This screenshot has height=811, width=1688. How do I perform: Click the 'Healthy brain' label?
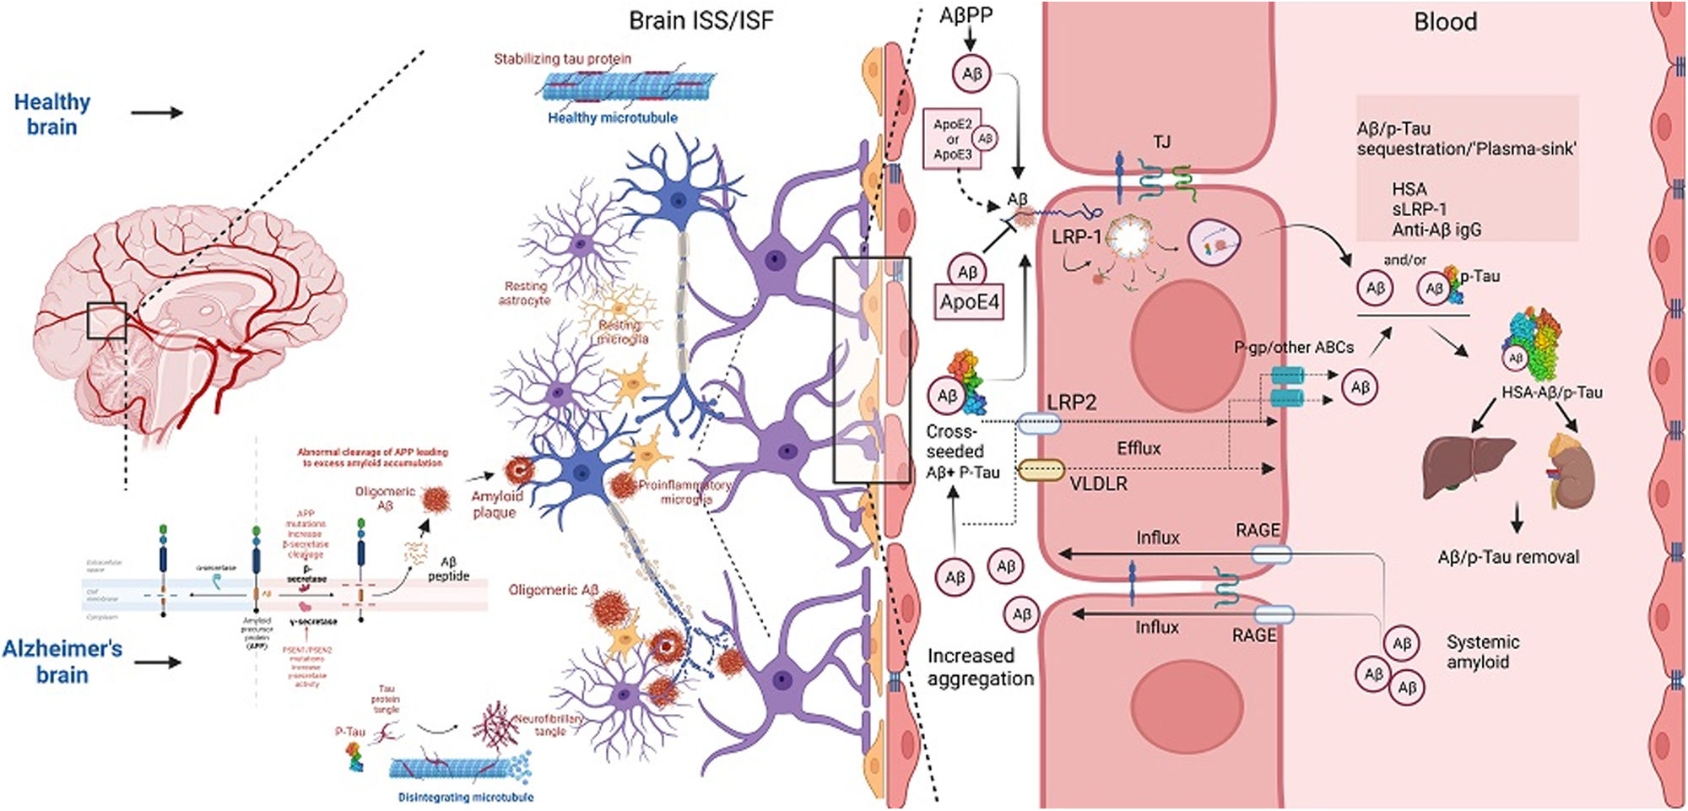(51, 114)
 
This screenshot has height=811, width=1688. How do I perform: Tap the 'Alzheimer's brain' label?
(62, 661)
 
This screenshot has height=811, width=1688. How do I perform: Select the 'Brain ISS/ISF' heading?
(701, 20)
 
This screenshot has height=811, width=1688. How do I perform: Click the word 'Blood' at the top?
(1445, 22)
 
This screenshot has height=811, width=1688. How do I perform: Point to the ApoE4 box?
(969, 302)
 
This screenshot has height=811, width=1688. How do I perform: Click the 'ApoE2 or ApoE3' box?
(953, 139)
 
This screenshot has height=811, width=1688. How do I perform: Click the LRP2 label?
(1071, 403)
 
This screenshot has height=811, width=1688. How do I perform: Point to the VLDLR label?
(1098, 484)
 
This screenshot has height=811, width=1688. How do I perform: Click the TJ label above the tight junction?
(1162, 142)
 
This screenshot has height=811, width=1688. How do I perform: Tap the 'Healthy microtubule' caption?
(613, 118)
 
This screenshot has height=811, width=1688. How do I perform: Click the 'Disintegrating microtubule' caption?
(465, 797)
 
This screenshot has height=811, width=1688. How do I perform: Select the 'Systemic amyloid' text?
(1482, 652)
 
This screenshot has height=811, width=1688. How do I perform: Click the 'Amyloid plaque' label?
(496, 504)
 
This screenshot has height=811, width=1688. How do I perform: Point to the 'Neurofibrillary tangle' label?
(549, 724)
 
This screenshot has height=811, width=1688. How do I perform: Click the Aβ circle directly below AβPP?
(971, 73)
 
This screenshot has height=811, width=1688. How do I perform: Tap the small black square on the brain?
(106, 321)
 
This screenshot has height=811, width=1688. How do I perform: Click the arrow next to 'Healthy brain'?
(157, 112)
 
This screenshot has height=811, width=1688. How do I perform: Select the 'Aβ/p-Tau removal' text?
(1507, 557)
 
